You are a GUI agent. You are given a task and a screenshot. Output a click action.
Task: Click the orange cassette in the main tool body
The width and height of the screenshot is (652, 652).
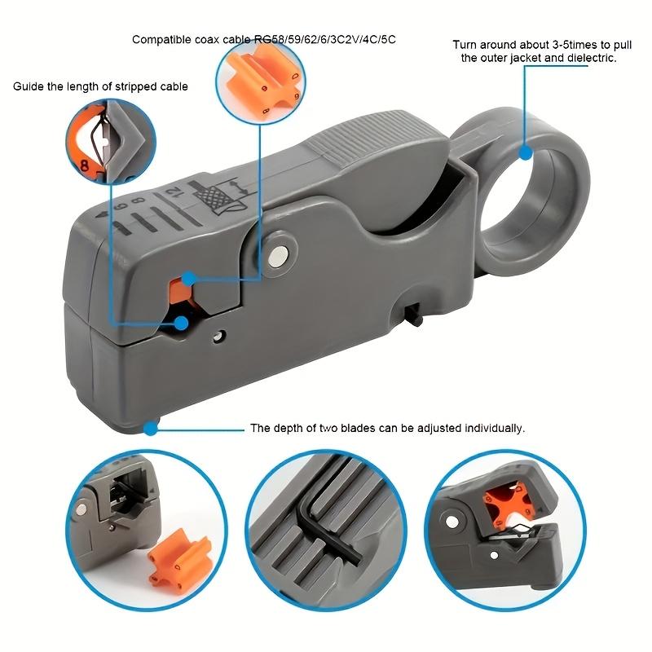click(x=181, y=291)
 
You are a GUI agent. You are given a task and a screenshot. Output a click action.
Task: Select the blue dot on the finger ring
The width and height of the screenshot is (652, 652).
click(x=526, y=152)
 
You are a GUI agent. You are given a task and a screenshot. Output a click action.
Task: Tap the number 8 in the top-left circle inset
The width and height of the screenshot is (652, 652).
click(x=84, y=162)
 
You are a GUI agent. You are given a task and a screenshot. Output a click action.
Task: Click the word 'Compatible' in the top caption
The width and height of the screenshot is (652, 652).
click(x=160, y=39)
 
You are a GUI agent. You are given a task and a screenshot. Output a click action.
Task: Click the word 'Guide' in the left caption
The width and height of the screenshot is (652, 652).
click(x=28, y=86)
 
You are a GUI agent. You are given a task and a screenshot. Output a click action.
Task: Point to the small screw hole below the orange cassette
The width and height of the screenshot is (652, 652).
click(x=218, y=334)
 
